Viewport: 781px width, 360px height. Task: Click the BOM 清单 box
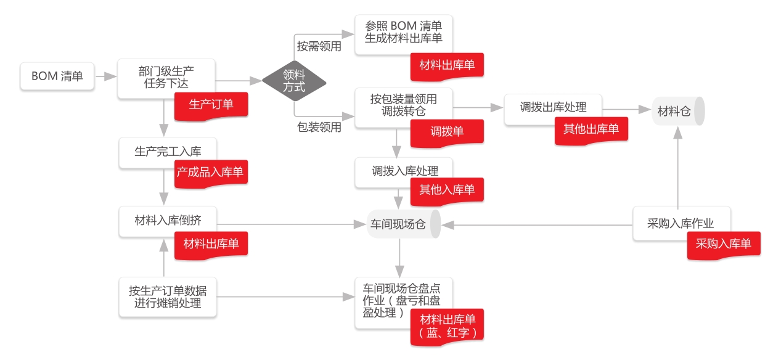click(57, 76)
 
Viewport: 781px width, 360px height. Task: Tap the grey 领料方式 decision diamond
click(294, 81)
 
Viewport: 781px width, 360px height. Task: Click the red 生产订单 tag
click(211, 104)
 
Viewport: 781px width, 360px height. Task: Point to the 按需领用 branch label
click(319, 46)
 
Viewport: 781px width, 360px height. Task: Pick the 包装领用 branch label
click(319, 128)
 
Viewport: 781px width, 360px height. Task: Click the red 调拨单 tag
click(447, 132)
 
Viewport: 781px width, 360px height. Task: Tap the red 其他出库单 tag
click(591, 129)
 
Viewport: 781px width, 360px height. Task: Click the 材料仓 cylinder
click(677, 112)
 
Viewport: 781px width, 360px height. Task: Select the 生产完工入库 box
click(167, 152)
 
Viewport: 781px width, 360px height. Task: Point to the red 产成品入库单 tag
click(210, 173)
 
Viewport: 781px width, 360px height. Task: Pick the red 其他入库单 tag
click(447, 190)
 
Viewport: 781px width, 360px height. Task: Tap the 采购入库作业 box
click(681, 223)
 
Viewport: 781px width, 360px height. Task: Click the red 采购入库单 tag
click(724, 243)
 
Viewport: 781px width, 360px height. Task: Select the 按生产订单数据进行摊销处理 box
click(167, 297)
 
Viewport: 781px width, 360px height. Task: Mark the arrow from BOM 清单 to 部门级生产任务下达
click(106, 76)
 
